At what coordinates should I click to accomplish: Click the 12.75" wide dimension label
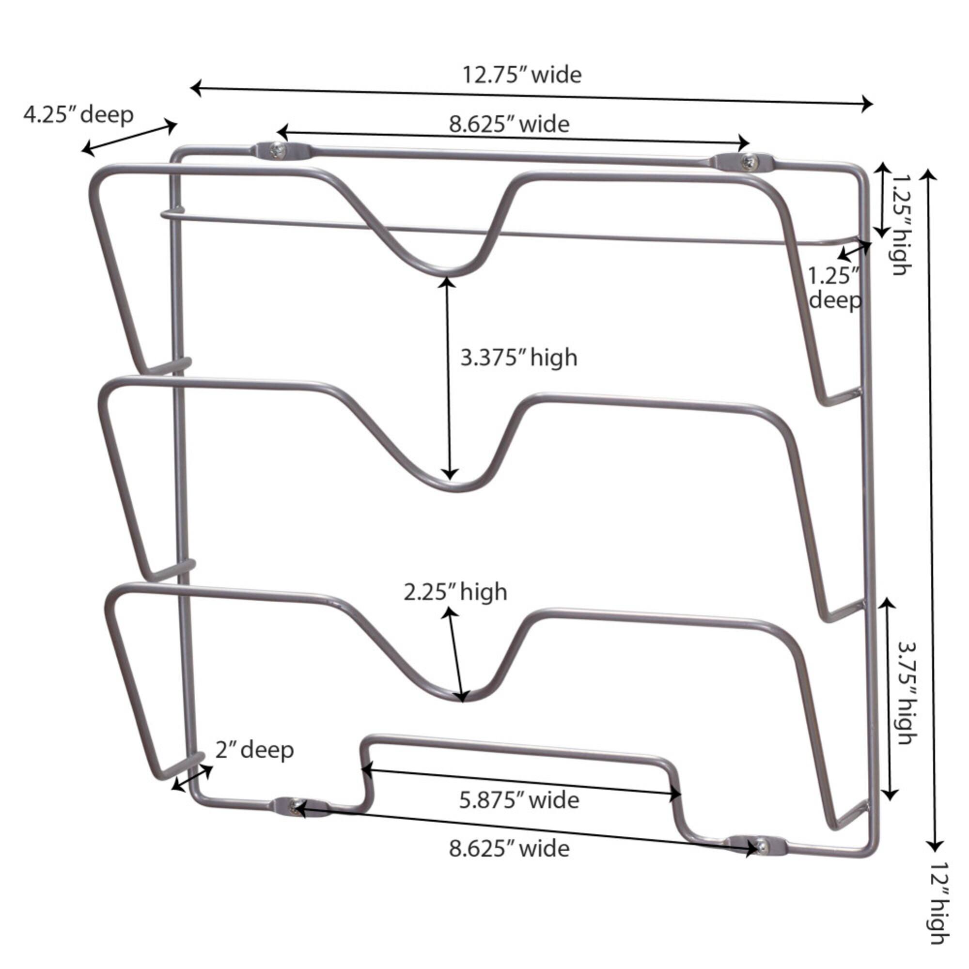click(522, 75)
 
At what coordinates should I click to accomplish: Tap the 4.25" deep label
click(78, 115)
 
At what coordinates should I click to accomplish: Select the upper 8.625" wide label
click(509, 124)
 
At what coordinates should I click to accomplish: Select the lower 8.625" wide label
click(509, 849)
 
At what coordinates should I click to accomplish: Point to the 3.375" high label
click(519, 358)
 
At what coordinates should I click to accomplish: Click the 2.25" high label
click(455, 593)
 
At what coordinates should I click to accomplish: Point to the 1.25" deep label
click(835, 288)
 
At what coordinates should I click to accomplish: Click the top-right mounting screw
click(748, 161)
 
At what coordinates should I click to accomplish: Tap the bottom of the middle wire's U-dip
click(452, 489)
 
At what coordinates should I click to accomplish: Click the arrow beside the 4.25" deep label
click(130, 139)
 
